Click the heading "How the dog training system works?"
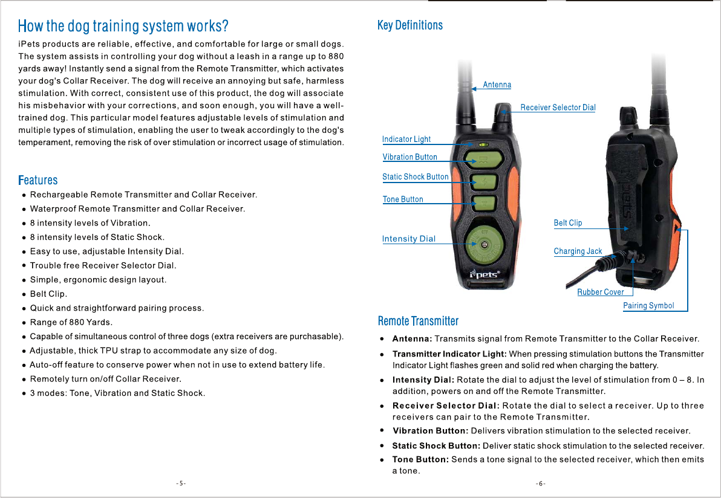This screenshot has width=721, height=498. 123,27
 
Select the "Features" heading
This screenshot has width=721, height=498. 38,180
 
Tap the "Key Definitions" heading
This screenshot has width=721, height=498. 410,25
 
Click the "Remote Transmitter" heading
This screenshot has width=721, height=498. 418,321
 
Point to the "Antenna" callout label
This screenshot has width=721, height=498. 497,85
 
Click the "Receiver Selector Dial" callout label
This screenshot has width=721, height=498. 558,108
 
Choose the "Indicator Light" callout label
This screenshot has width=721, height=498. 406,139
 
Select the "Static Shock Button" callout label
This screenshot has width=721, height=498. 416,177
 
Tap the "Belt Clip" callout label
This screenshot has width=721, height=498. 568,223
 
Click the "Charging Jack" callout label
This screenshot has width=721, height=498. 578,251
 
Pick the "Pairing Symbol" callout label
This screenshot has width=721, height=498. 648,306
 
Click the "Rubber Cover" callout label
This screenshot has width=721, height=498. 601,292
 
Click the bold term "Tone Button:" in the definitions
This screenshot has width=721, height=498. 420,460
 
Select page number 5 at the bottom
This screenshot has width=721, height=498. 181,483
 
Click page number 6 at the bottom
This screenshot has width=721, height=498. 541,483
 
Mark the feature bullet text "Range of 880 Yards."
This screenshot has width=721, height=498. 71,322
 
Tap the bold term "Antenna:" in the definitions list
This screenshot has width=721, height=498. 412,339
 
